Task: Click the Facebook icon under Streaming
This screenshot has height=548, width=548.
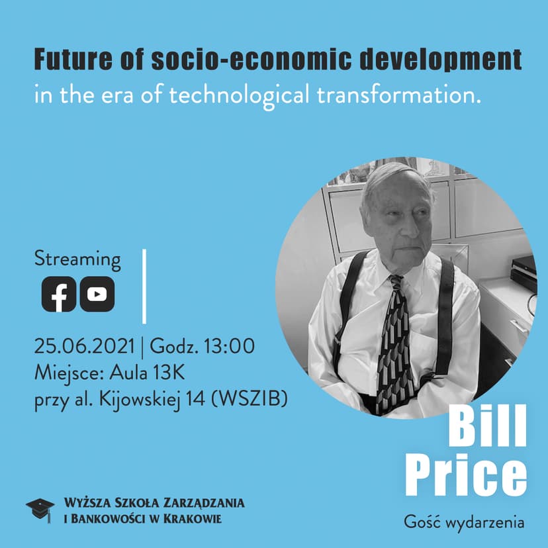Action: pos(59,294)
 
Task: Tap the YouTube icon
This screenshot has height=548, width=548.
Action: pos(97,294)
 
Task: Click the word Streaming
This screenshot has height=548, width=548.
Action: pos(77,259)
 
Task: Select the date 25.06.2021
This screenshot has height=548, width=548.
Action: pos(84,346)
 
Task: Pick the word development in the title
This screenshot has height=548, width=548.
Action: pos(441,60)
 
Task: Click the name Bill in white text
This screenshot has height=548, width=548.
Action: pos(487,426)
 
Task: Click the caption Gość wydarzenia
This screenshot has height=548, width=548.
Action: pos(464,522)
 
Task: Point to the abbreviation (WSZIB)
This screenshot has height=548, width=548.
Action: pos(250,399)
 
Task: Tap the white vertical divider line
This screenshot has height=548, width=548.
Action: pos(144,286)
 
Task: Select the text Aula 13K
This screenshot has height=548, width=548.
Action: pos(147,373)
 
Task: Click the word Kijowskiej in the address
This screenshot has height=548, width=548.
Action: pos(140,399)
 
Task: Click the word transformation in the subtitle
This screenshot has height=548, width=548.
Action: pos(399,95)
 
